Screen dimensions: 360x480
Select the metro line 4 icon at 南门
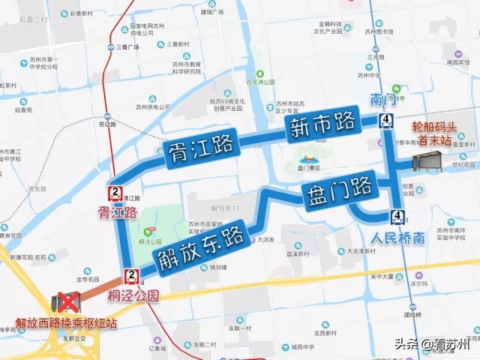click(x=385, y=121)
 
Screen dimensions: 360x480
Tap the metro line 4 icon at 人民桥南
click(x=395, y=217)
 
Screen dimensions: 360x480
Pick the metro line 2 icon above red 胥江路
click(x=115, y=193)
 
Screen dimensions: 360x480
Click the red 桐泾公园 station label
click(x=133, y=295)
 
